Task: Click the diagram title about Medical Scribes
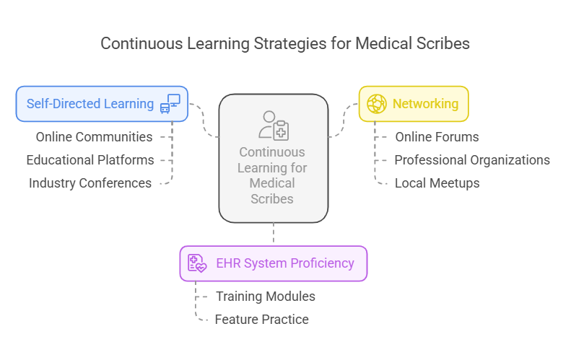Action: point(285,43)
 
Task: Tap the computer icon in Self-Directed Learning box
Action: point(170,104)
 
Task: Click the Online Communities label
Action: point(94,136)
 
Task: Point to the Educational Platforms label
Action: point(90,159)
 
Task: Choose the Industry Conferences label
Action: point(90,183)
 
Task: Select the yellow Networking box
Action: point(414,104)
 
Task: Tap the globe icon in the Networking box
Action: point(377,104)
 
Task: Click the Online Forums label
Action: point(437,136)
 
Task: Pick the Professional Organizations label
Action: point(472,159)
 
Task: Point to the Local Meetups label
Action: point(437,183)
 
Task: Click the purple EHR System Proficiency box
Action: point(273,263)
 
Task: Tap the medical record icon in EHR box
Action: point(196,263)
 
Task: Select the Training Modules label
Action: point(265,296)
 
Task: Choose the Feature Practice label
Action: point(261,319)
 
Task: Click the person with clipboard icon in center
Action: point(274,126)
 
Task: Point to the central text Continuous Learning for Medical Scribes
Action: point(273,175)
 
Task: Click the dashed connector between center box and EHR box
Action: point(274,234)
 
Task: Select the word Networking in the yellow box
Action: point(425,104)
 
